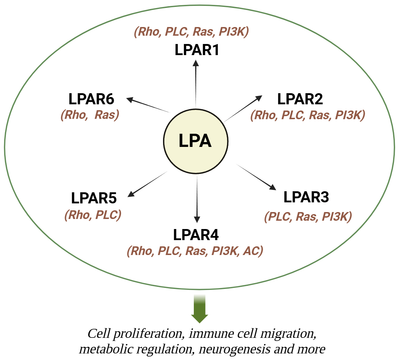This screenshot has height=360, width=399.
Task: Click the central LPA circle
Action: pyautogui.click(x=196, y=141)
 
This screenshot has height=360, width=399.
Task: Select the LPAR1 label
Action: pyautogui.click(x=197, y=50)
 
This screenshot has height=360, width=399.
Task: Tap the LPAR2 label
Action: pyautogui.click(x=300, y=99)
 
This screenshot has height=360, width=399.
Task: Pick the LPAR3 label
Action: pyautogui.click(x=306, y=197)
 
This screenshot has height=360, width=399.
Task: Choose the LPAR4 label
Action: pyautogui.click(x=196, y=235)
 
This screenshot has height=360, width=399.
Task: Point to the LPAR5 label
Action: pyautogui.click(x=94, y=199)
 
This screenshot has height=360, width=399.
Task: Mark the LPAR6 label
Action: pyautogui.click(x=91, y=99)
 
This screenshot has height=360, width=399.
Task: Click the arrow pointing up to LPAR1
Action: pyautogui.click(x=196, y=83)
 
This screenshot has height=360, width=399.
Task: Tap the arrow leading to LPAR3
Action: pyautogui.click(x=256, y=177)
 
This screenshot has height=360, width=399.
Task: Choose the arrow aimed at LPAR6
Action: pyautogui.click(x=149, y=105)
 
